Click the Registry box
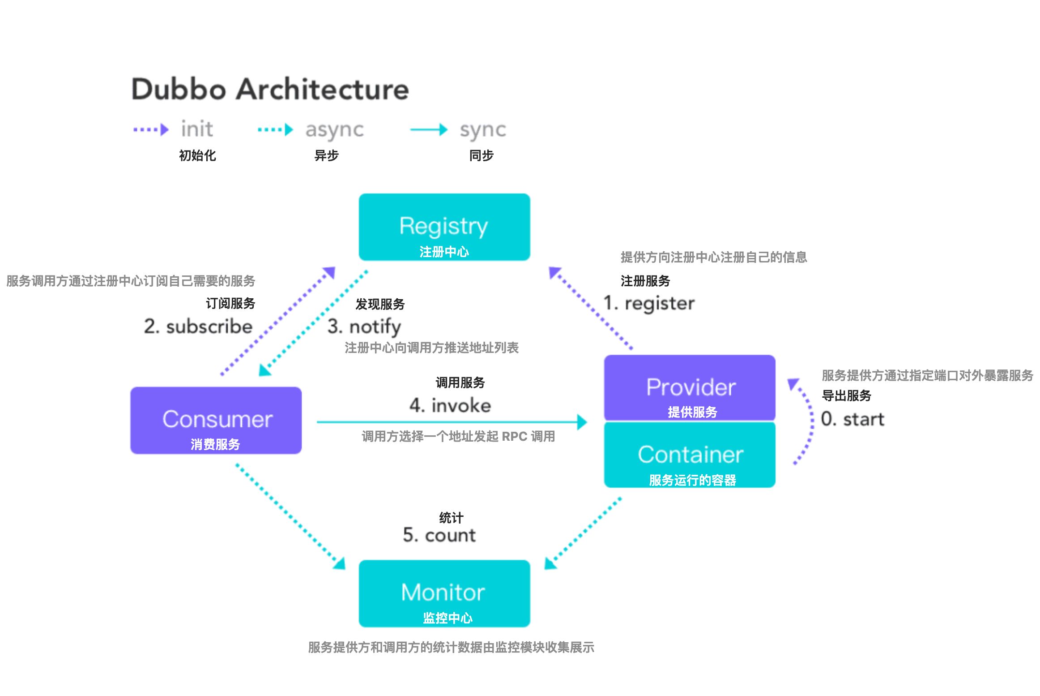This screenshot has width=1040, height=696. pyautogui.click(x=444, y=227)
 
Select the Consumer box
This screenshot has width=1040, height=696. pyautogui.click(x=216, y=420)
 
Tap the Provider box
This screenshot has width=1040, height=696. pyautogui.click(x=689, y=387)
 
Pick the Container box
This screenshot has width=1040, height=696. pyautogui.click(x=689, y=455)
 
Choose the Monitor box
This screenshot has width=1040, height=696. pyautogui.click(x=444, y=593)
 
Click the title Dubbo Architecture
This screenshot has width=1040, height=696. pyautogui.click(x=270, y=89)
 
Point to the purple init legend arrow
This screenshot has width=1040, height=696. pyautogui.click(x=151, y=130)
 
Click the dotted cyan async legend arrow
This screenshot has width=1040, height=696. pyautogui.click(x=275, y=130)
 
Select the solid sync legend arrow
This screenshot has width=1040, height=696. pyautogui.click(x=429, y=130)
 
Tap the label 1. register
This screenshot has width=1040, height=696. pyautogui.click(x=649, y=303)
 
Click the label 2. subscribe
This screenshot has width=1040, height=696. pyautogui.click(x=198, y=326)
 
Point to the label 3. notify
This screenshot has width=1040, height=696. pyautogui.click(x=364, y=327)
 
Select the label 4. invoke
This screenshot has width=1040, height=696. pyautogui.click(x=450, y=405)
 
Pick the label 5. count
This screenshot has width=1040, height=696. pyautogui.click(x=439, y=535)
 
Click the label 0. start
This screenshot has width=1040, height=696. pyautogui.click(x=852, y=419)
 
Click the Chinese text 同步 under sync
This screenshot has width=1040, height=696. pyautogui.click(x=481, y=155)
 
